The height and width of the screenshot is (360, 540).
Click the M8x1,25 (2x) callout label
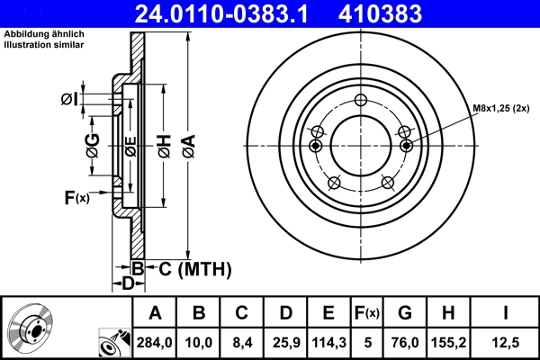(505, 109)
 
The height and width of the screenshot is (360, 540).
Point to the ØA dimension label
(187, 144)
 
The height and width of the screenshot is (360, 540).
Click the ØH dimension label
(164, 144)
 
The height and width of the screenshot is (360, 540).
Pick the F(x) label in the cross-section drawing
(76, 197)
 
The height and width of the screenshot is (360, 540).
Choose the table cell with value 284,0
(154, 343)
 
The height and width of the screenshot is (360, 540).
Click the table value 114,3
(328, 343)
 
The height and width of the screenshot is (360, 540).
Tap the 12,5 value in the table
(506, 343)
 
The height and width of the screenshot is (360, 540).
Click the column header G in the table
(405, 313)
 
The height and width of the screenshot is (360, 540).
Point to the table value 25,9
(284, 343)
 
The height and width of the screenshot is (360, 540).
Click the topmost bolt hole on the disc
(360, 101)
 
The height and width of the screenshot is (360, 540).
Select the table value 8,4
(241, 343)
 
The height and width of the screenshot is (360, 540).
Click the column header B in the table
(199, 313)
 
